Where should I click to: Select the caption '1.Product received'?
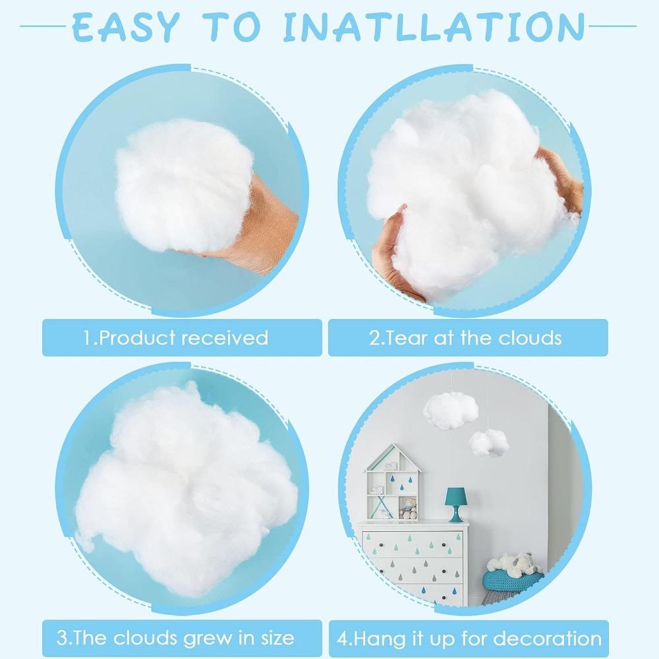[175, 338]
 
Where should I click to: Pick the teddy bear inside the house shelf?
[409, 509]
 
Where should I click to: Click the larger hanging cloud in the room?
[450, 410]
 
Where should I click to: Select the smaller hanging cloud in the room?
[488, 442]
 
